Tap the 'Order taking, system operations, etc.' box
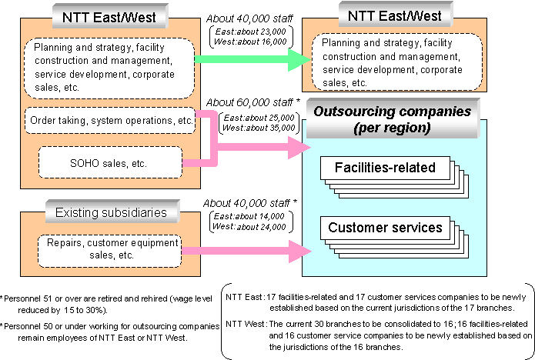(109, 121)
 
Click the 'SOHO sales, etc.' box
(109, 163)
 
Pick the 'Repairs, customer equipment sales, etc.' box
(109, 249)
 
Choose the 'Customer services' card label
(385, 227)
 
